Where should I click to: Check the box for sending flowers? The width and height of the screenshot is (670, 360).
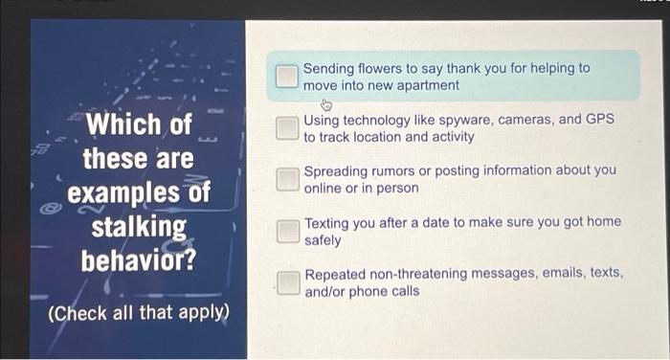pyautogui.click(x=287, y=77)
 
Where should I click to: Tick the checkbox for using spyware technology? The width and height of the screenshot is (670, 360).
pyautogui.click(x=287, y=128)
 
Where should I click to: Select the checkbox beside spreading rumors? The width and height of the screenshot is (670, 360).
pyautogui.click(x=287, y=179)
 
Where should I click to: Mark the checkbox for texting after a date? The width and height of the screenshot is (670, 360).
pyautogui.click(x=287, y=231)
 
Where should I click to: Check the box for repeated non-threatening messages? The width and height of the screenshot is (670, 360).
pyautogui.click(x=287, y=281)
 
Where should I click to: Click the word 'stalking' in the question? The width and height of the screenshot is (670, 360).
pyautogui.click(x=139, y=227)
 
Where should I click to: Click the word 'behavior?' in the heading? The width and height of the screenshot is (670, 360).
pyautogui.click(x=139, y=259)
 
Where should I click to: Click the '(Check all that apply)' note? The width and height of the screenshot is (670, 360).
pyautogui.click(x=139, y=313)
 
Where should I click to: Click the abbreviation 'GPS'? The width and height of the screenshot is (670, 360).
pyautogui.click(x=599, y=121)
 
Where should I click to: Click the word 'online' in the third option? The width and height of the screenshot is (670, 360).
pyautogui.click(x=324, y=188)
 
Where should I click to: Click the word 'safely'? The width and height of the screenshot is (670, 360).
pyautogui.click(x=323, y=239)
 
